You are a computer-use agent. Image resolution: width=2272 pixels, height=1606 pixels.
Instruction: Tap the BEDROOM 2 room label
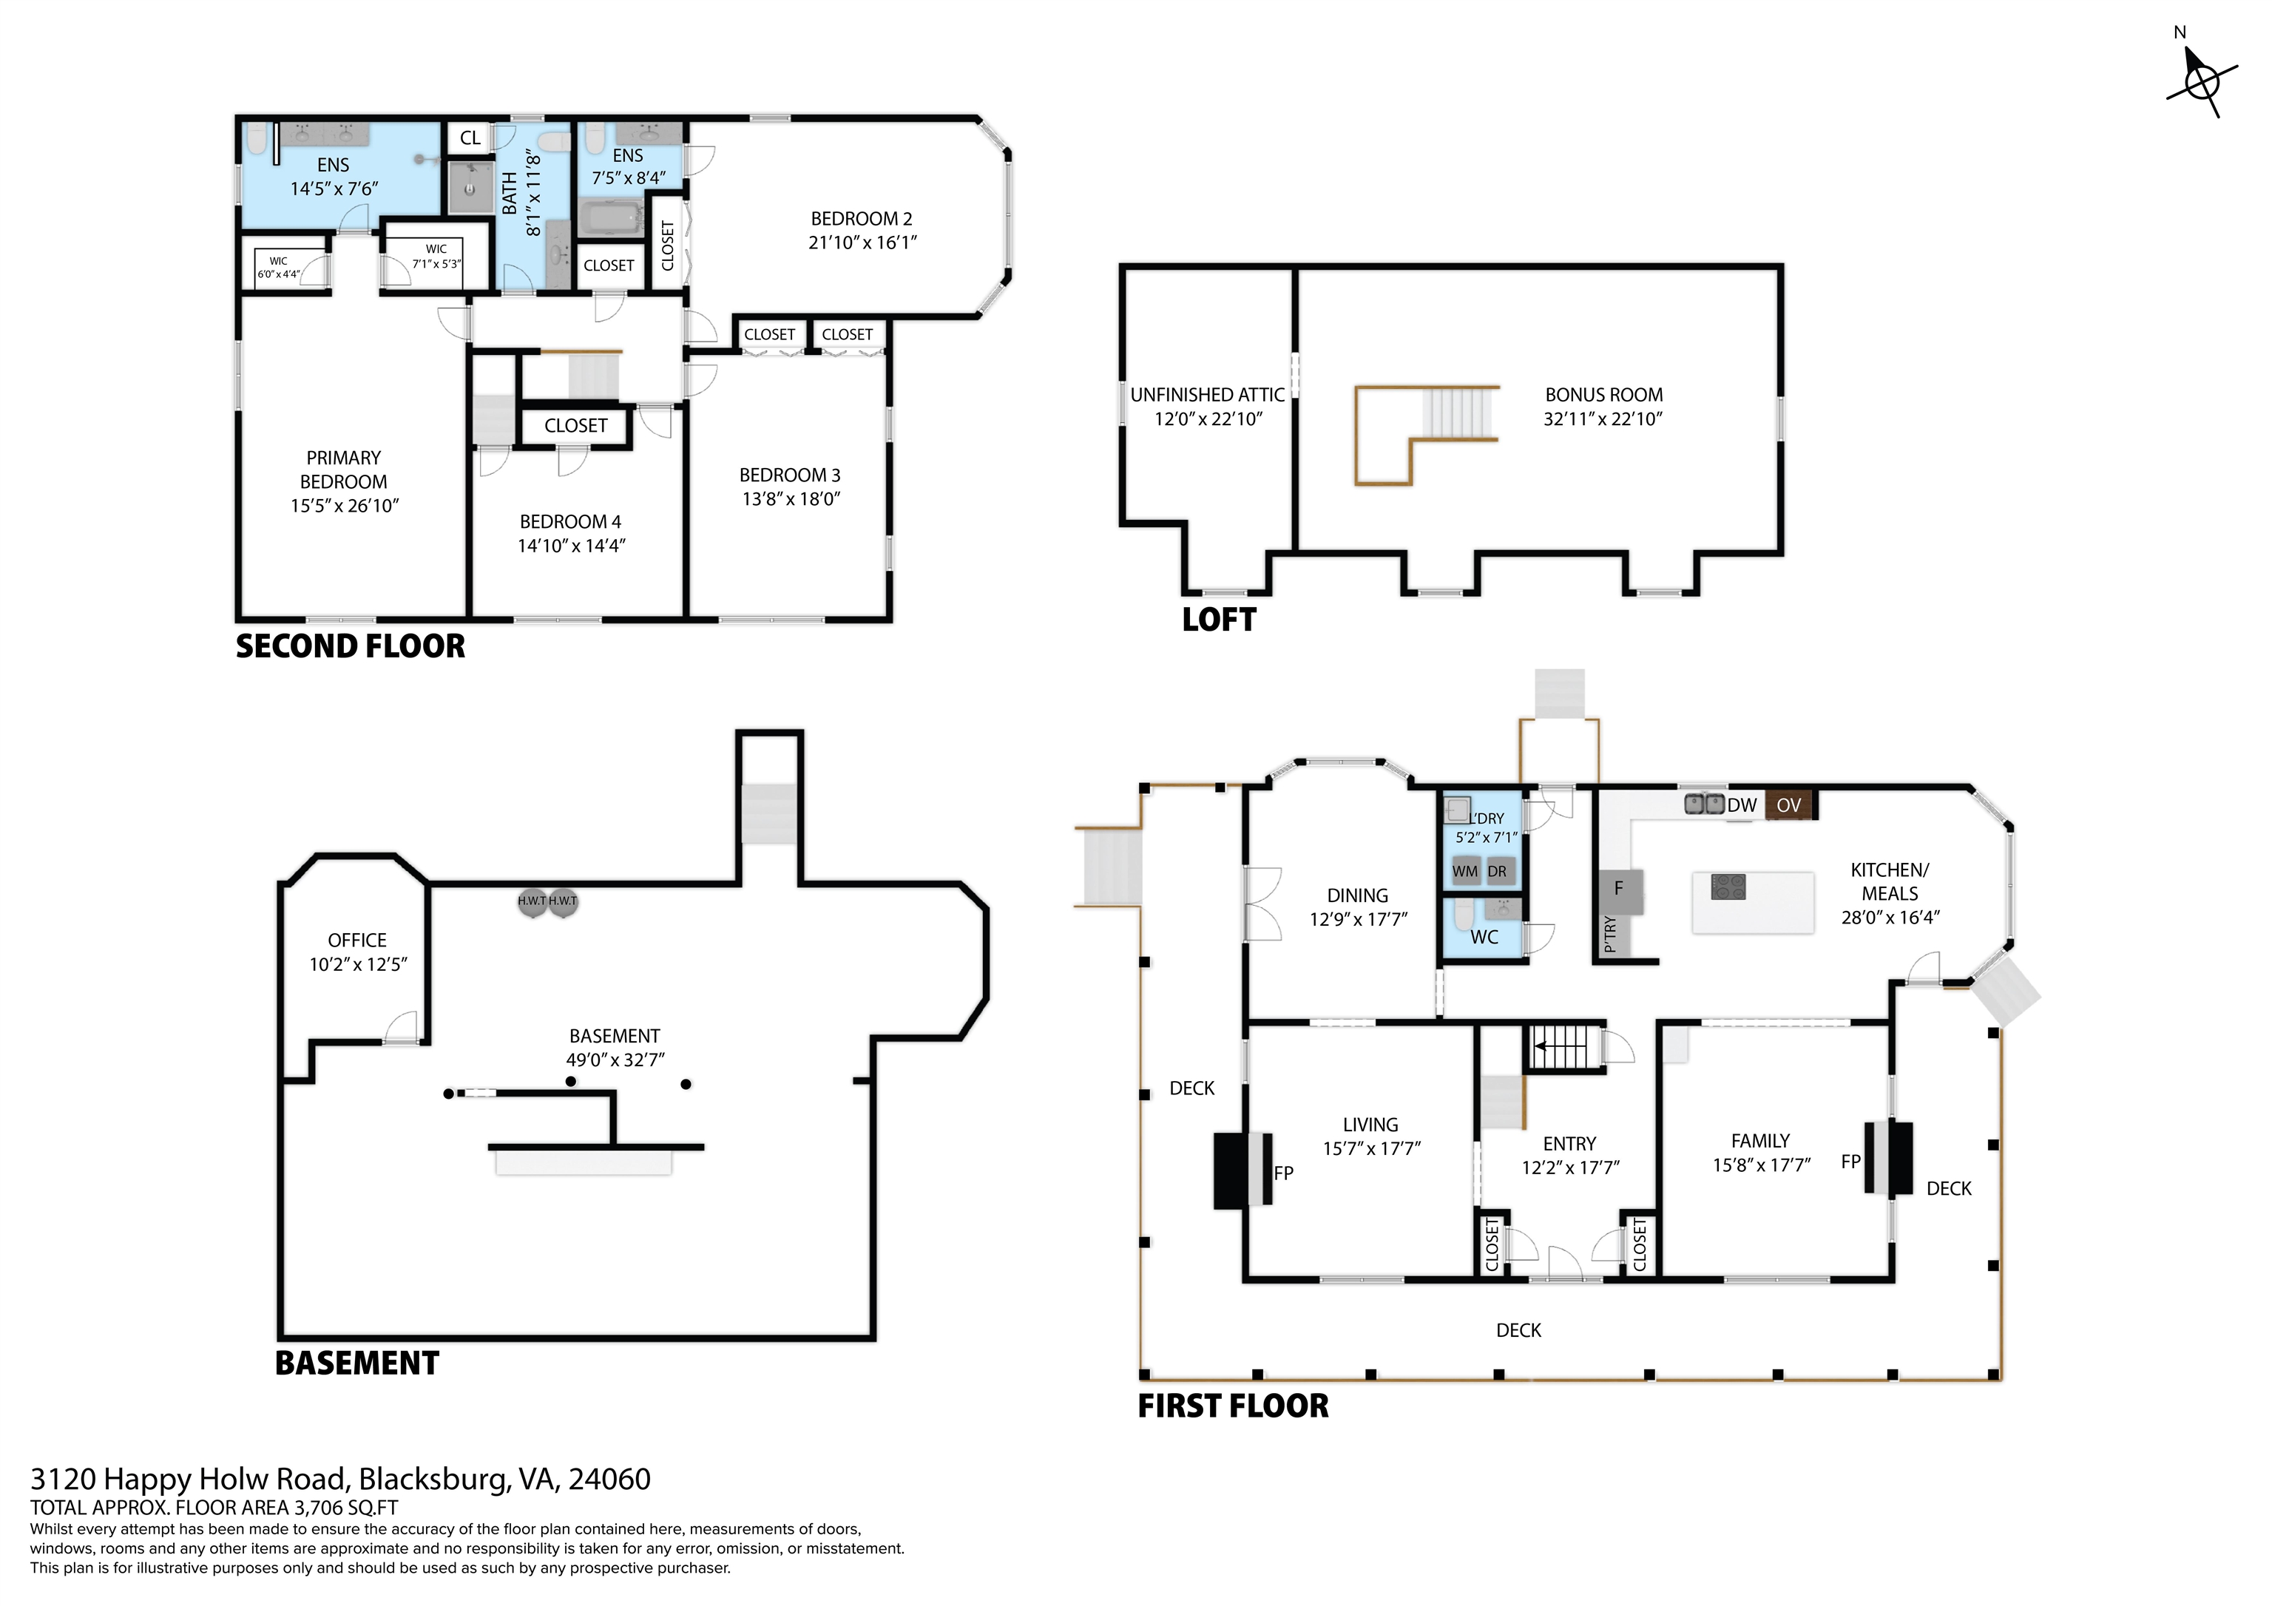861,219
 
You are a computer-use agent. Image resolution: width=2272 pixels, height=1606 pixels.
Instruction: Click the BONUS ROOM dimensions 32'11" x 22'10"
1603,419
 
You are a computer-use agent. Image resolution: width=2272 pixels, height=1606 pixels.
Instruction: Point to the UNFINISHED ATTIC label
1207,395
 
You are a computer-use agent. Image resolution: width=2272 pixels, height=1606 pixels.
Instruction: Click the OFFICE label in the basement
357,940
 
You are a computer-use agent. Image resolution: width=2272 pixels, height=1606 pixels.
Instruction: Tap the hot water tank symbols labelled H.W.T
547,901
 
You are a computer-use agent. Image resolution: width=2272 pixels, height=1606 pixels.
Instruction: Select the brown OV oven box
1789,805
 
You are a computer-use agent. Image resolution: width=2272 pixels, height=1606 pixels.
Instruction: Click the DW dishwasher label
1742,805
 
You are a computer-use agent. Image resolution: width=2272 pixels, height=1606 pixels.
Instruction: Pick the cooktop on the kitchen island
1728,887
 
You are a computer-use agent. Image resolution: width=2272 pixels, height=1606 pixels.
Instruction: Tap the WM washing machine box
1466,871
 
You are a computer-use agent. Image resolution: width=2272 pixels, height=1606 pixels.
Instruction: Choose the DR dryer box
1498,871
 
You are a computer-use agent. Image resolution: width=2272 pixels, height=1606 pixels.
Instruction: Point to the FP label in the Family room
1850,1162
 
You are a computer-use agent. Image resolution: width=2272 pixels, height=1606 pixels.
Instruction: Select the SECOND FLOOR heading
351,646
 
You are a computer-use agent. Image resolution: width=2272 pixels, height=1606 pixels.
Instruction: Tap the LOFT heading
1219,620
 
